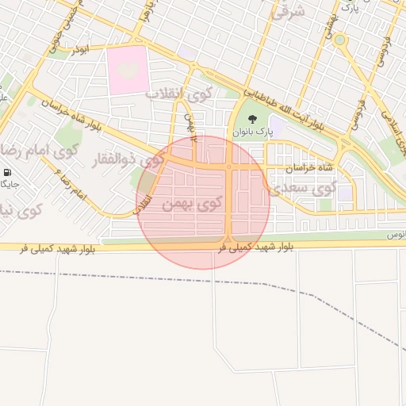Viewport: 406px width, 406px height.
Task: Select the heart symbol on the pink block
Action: coord(127,71)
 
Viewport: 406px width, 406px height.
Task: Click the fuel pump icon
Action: coord(7,172)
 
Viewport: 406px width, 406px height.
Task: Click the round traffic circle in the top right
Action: coord(339,40)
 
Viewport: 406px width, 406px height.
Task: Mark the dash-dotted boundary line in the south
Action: coord(238,282)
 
